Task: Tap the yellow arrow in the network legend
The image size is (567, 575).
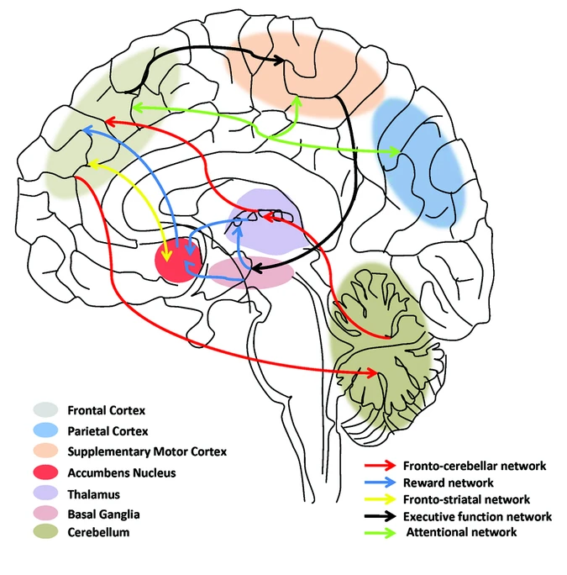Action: pos(380,499)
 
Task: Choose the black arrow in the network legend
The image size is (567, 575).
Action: pos(380,515)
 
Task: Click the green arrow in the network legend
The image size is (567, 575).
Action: pos(380,532)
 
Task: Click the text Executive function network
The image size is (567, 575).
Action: pos(477,515)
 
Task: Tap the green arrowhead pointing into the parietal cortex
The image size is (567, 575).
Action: pos(392,152)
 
